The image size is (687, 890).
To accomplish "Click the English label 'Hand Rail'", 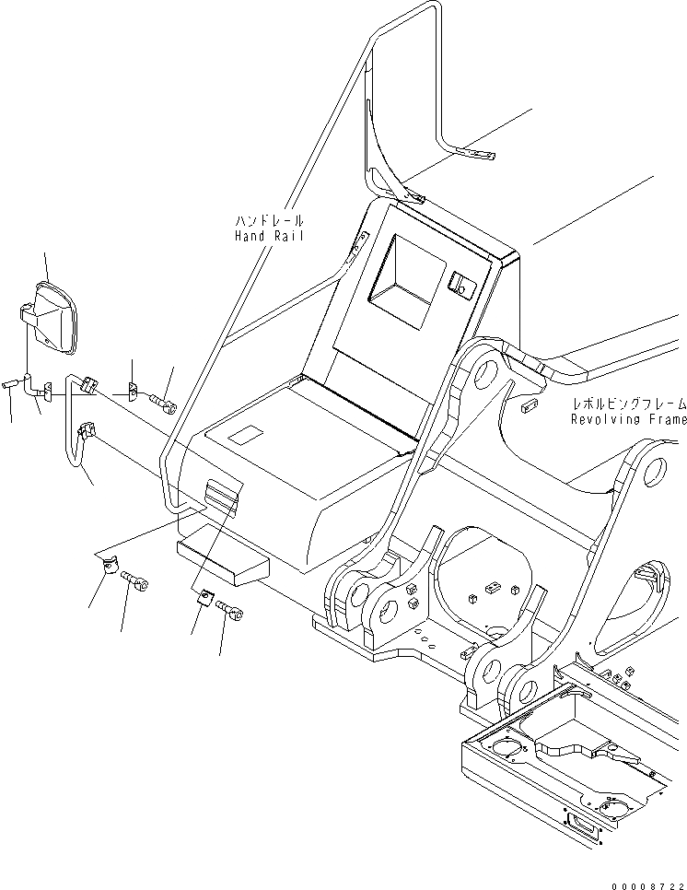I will [x=268, y=237].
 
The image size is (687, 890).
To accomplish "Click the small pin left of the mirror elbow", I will [x=11, y=383].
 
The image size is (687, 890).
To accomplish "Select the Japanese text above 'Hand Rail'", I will [x=268, y=222].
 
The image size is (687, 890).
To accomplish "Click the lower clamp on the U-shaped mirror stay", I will [x=88, y=429].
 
